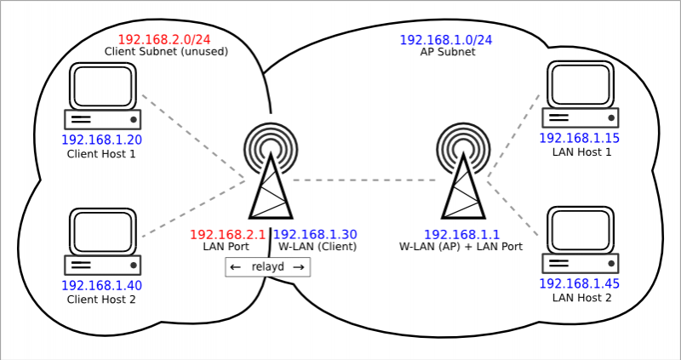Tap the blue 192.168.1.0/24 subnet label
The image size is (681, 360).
[x=446, y=40]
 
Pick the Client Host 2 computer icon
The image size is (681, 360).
[x=103, y=241]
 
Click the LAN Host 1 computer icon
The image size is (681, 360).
[x=582, y=96]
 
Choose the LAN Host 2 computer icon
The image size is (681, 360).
[x=582, y=241]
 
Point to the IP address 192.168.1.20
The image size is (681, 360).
[x=101, y=140]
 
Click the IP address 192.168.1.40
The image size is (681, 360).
[x=101, y=285]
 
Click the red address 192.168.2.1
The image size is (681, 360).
[x=227, y=234]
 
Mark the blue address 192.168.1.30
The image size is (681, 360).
[x=315, y=234]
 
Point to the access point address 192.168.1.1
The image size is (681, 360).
[x=461, y=234]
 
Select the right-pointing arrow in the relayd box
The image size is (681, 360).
[x=298, y=267]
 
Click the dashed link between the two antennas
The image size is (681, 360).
[x=366, y=180]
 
